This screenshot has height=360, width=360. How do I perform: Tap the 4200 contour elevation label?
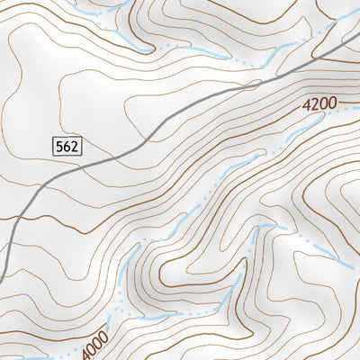click(x=319, y=105)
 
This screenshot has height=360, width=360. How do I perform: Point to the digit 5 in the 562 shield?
click(x=59, y=145)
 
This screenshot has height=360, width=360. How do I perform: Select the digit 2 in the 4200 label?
click(x=315, y=106)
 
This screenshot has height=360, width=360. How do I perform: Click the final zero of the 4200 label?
click(x=332, y=103)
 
